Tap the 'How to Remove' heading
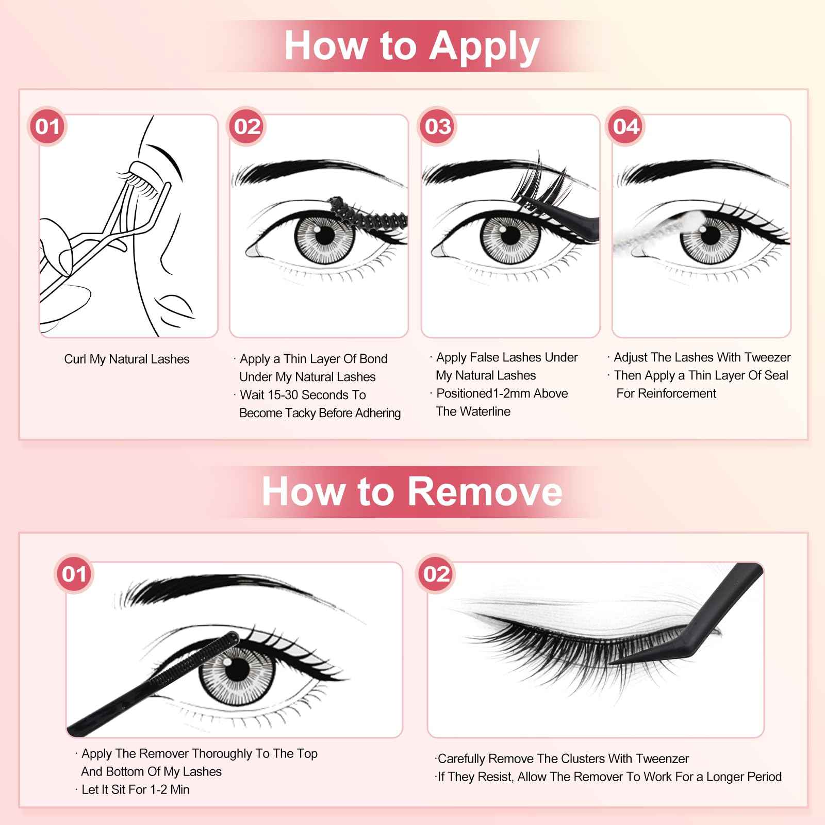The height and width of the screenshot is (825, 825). tap(411, 491)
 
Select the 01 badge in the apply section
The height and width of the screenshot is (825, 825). tap(48, 127)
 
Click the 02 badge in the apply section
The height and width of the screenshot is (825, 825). tap(247, 127)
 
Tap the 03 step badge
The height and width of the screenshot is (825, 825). tap(438, 127)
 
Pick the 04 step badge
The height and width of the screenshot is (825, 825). tap(626, 127)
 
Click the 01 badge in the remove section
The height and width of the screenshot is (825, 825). tap(74, 574)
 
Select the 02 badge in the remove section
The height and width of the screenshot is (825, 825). tap(436, 574)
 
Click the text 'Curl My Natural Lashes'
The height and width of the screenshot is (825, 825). tap(127, 359)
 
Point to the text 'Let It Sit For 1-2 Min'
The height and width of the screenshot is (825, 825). tap(136, 789)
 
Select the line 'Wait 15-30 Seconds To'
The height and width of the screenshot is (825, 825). tap(303, 395)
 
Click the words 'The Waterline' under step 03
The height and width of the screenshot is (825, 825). tap(473, 411)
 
